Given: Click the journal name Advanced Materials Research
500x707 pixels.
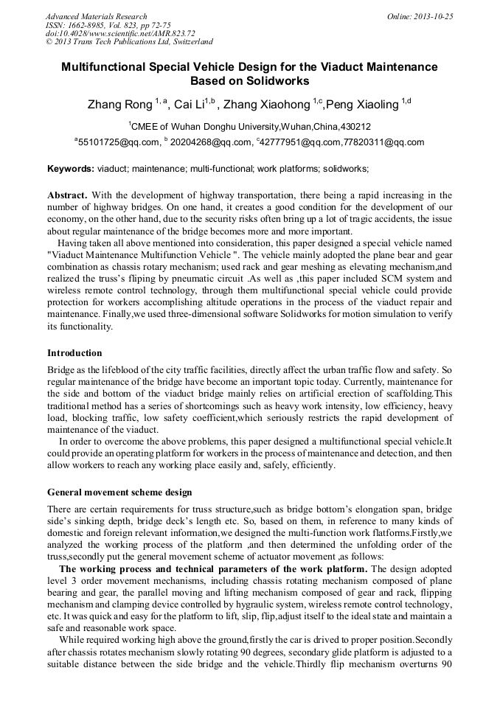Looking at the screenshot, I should (97, 16).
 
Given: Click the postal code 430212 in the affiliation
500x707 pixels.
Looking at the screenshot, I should (355, 127).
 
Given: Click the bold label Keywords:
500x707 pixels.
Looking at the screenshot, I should (71, 169).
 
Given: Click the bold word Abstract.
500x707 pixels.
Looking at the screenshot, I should (66, 195).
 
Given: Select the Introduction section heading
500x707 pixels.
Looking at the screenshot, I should (74, 353).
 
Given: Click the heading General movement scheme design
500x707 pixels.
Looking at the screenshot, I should (119, 492).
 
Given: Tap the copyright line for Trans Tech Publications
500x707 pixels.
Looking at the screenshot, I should (129, 42).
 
